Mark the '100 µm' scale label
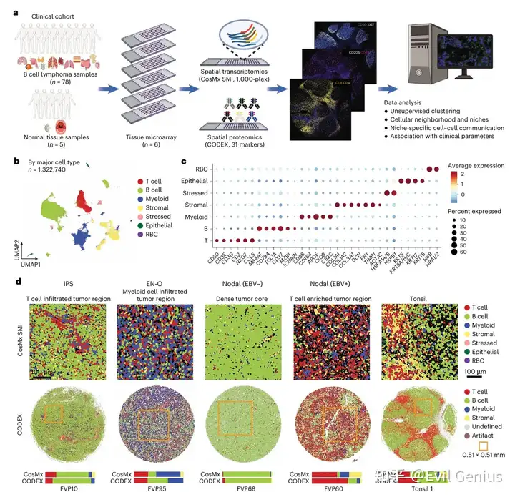pyautogui.click(x=475, y=373)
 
